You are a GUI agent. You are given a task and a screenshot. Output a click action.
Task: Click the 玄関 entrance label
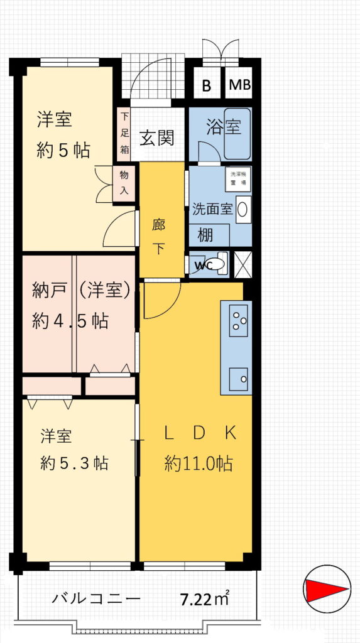tap(156, 138)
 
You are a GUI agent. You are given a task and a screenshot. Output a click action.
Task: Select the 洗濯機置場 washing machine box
tap(238, 179)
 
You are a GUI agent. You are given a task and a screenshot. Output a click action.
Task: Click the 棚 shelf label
tap(205, 236)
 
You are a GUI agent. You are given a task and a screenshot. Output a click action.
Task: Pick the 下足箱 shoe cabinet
tap(124, 134)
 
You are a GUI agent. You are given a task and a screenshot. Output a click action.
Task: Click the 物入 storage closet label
tap(124, 183)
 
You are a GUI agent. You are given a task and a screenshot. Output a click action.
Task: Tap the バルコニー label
tap(96, 598)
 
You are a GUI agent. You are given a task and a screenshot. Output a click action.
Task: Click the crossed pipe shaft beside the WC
tap(243, 264)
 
